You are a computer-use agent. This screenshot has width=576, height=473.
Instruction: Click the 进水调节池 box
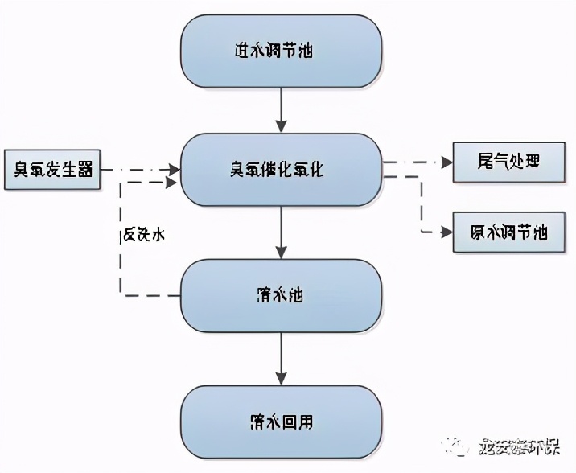point(281,50)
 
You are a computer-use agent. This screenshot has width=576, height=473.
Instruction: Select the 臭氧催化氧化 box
point(281,170)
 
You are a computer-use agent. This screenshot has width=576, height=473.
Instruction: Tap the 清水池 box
point(281,295)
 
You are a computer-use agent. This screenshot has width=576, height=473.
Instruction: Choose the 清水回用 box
point(281,422)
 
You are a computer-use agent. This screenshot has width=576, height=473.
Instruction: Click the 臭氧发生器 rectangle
point(52,170)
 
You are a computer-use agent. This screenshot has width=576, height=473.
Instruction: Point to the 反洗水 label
point(144,235)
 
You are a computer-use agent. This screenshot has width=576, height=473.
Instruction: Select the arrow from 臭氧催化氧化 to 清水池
point(281,232)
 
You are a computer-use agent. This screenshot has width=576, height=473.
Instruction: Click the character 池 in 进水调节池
point(305,51)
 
